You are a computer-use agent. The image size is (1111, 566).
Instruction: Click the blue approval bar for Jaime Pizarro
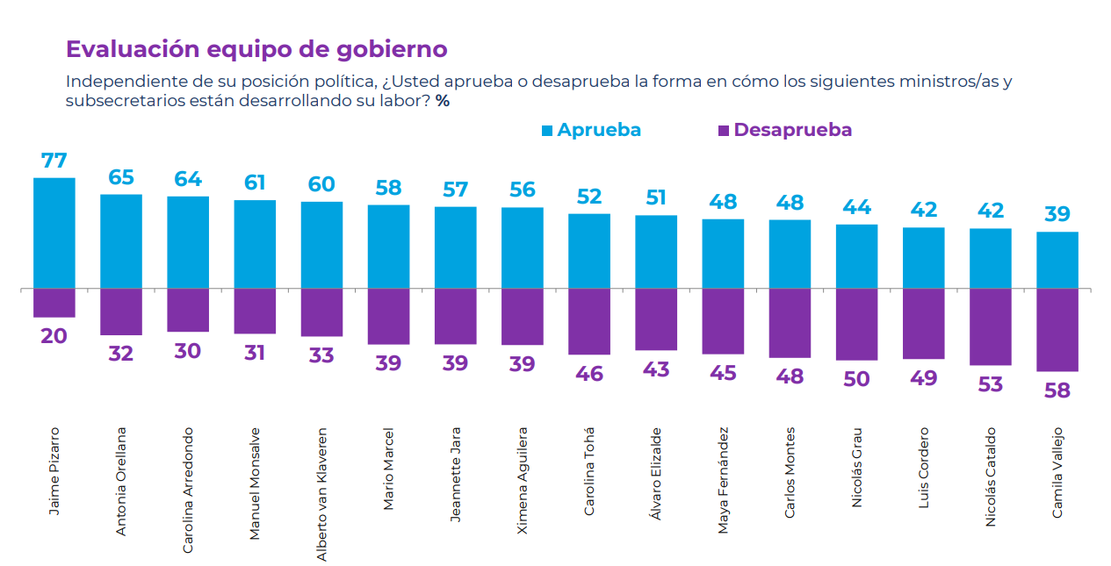pyautogui.click(x=54, y=233)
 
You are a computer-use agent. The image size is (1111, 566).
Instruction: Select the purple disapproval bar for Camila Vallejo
pyautogui.click(x=1057, y=330)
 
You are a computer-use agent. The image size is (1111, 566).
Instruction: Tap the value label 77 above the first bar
pyautogui.click(x=54, y=161)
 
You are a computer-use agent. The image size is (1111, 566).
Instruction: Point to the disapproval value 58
pyautogui.click(x=1057, y=390)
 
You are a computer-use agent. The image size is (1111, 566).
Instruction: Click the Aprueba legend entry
pyautogui.click(x=591, y=130)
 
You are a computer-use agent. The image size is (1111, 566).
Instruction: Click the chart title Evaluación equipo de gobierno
pyautogui.click(x=256, y=49)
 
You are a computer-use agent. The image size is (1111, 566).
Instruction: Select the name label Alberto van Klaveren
pyautogui.click(x=321, y=494)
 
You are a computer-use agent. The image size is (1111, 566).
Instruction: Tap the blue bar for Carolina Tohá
pyautogui.click(x=589, y=251)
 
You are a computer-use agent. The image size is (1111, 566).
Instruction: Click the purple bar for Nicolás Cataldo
pyautogui.click(x=991, y=326)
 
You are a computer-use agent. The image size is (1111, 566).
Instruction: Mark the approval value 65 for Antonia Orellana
pyautogui.click(x=121, y=177)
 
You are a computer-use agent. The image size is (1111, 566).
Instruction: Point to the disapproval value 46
pyautogui.click(x=589, y=374)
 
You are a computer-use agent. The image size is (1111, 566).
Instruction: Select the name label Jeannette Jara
pyautogui.click(x=455, y=474)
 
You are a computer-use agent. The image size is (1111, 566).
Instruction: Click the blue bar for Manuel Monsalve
pyautogui.click(x=255, y=244)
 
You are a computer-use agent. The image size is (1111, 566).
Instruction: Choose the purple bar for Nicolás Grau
pyautogui.click(x=856, y=324)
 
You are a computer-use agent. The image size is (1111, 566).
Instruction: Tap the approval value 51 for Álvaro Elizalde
pyautogui.click(x=656, y=198)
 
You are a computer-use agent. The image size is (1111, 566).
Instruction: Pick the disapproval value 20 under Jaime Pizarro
pyautogui.click(x=54, y=336)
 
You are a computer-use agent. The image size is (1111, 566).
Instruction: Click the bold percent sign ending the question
pyautogui.click(x=443, y=101)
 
